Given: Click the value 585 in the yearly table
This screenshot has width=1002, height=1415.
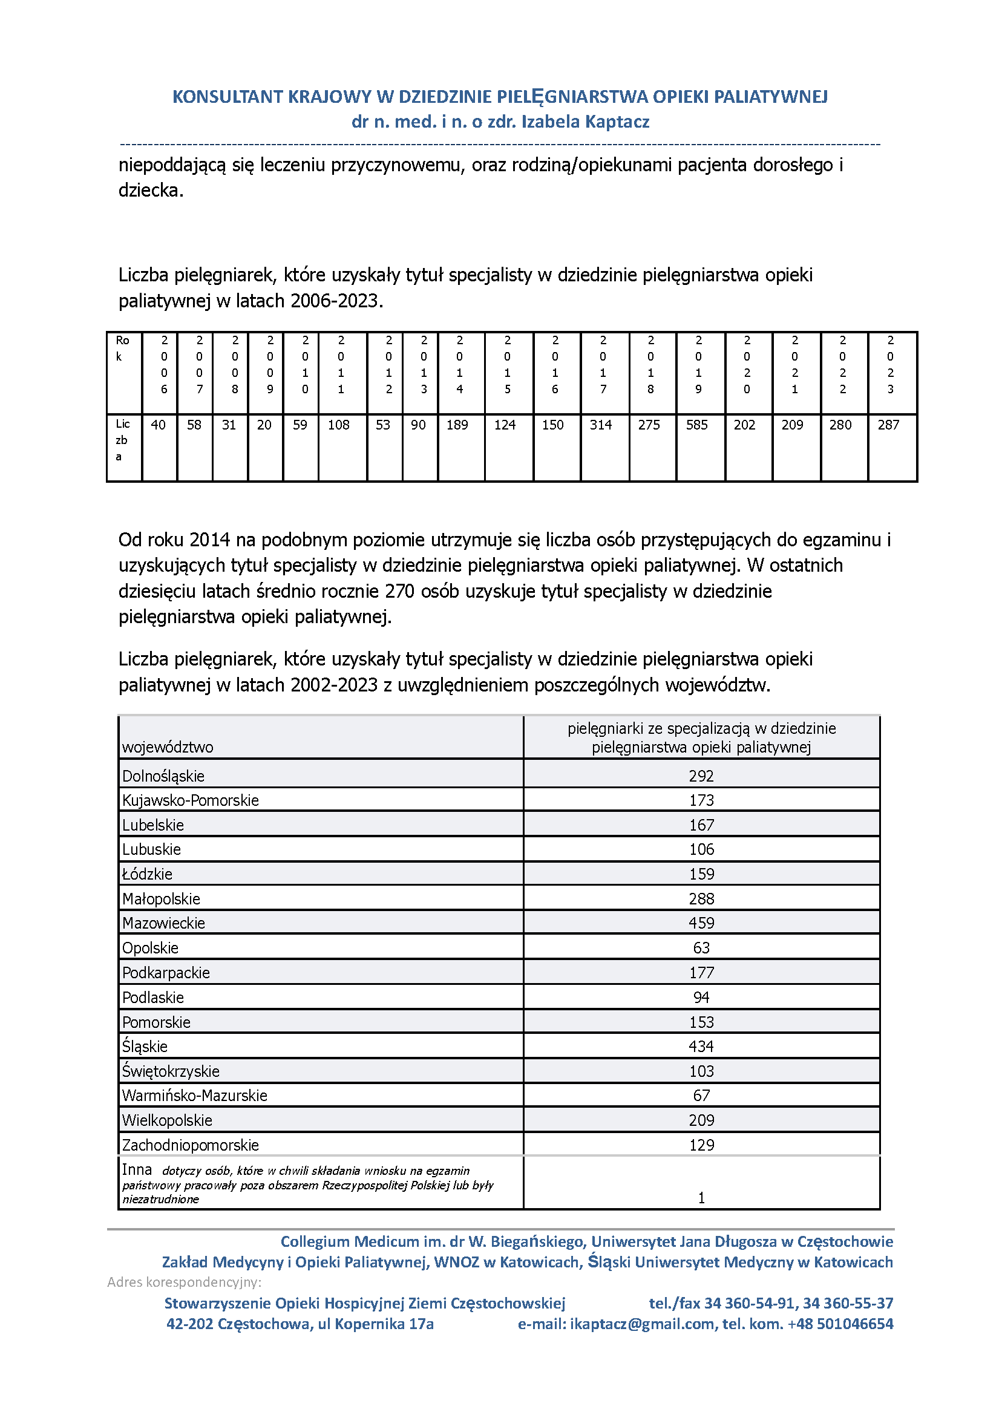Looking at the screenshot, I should click(x=696, y=425).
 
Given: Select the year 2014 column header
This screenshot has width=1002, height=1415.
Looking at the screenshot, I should click(x=460, y=365).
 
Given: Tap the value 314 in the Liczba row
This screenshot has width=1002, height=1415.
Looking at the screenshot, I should click(x=600, y=425).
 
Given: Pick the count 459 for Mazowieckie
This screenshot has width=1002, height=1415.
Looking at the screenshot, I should click(x=701, y=923).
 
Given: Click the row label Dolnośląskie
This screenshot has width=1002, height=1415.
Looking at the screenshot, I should click(x=163, y=776).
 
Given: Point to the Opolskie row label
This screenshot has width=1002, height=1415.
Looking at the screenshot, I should click(x=150, y=948).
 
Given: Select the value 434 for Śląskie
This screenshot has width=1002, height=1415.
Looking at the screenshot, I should click(x=701, y=1047).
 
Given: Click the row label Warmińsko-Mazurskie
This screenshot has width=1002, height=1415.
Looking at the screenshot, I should click(x=194, y=1096).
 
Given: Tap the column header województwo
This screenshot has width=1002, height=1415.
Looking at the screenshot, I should click(x=167, y=747).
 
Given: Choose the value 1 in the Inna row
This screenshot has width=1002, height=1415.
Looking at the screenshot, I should click(x=701, y=1198).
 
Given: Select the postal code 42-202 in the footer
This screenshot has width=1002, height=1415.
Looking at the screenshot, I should click(x=189, y=1324).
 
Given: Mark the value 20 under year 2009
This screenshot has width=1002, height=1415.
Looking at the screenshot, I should click(x=264, y=425).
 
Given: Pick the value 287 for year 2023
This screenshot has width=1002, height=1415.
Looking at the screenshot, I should click(x=888, y=425).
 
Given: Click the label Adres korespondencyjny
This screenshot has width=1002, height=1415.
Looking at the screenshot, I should click(x=184, y=1283).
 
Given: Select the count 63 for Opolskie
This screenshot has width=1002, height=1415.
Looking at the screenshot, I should click(x=701, y=948).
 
